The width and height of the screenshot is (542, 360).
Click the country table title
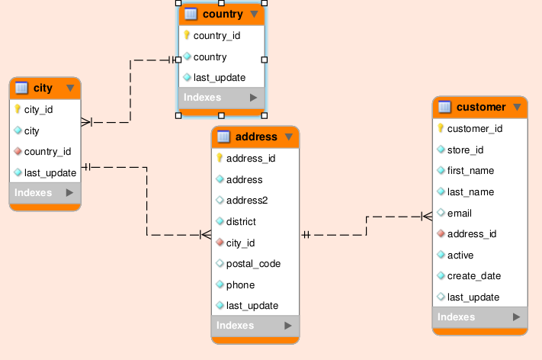pyautogui.click(x=223, y=14)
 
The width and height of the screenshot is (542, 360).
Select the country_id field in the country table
pyautogui.click(x=216, y=35)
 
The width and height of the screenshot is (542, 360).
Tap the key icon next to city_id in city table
pyautogui.click(x=18, y=109)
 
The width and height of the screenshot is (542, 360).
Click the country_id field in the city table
pyautogui.click(x=47, y=152)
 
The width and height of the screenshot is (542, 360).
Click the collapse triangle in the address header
pyautogui.click(x=289, y=137)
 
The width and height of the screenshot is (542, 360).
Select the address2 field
pyautogui.click(x=246, y=201)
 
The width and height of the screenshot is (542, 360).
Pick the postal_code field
pyautogui.click(x=253, y=264)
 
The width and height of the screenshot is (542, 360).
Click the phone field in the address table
pyautogui.click(x=240, y=284)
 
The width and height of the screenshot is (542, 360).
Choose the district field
pyautogui.click(x=241, y=222)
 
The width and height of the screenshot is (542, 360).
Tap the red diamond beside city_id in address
pyautogui.click(x=220, y=243)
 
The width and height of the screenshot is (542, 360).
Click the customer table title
pyautogui.click(x=481, y=107)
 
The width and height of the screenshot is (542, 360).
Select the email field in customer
pyautogui.click(x=460, y=213)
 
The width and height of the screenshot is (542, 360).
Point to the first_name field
pyautogui.click(x=470, y=171)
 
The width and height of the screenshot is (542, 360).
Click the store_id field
pyautogui.click(x=465, y=149)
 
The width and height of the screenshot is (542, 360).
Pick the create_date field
pyautogui.click(x=473, y=276)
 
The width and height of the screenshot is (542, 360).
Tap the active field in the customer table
pyautogui.click(x=460, y=255)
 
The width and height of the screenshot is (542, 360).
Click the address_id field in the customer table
pyautogui.click(x=472, y=234)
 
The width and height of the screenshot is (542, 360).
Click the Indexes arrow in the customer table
pyautogui.click(x=516, y=317)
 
